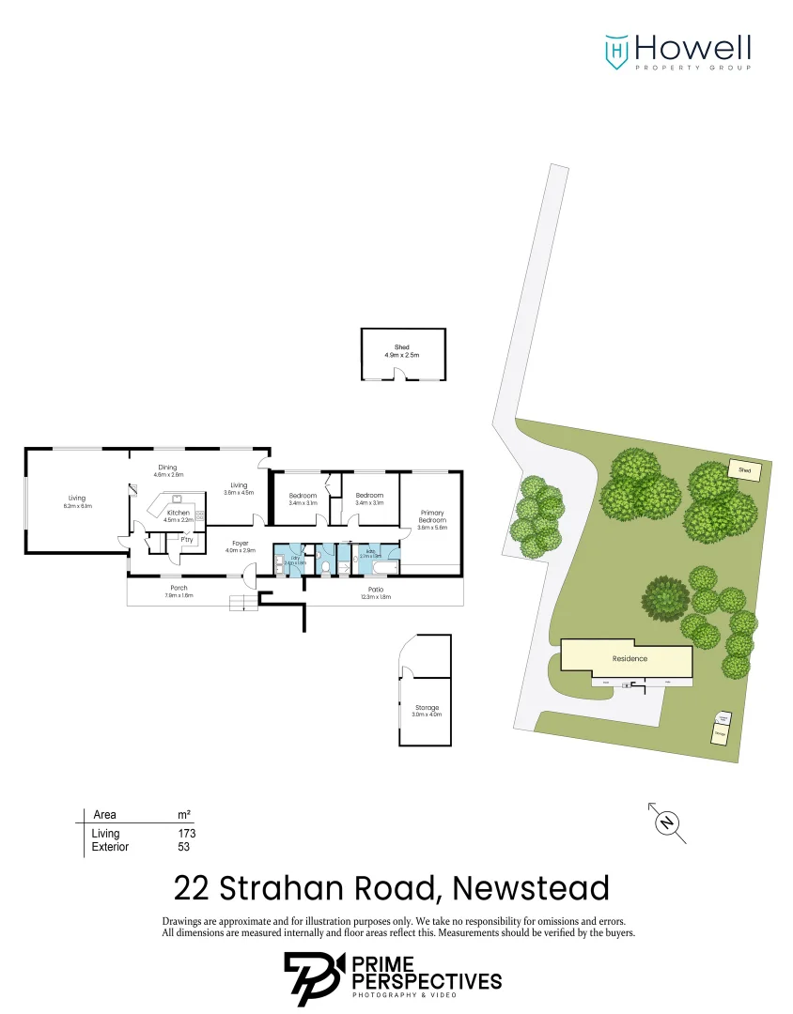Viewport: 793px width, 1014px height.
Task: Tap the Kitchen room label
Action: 179,513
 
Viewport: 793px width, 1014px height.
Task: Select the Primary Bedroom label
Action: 431,516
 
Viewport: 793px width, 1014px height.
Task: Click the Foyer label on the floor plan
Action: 241,544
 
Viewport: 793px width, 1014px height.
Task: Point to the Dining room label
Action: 167,468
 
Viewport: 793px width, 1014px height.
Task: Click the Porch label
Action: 178,589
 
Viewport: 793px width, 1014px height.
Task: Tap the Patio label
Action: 376,590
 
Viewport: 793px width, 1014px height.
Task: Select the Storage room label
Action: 427,707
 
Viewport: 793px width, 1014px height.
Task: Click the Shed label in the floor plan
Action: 402,348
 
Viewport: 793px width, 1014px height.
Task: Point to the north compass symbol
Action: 667,823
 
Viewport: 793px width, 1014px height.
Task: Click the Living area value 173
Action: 186,833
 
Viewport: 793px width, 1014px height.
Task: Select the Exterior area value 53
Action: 183,847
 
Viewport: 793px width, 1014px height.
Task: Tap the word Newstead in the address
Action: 530,887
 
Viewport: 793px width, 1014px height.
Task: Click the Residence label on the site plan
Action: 630,658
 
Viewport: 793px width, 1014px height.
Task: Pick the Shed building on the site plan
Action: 744,469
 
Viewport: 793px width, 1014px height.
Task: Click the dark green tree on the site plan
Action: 666,596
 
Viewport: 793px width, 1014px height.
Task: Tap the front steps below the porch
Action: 242,603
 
